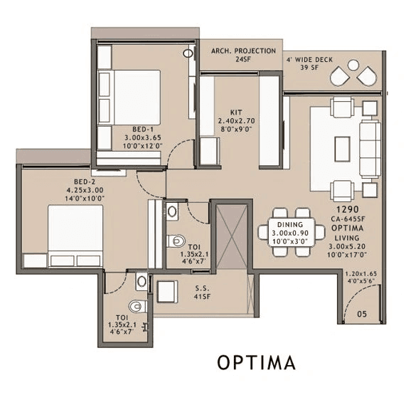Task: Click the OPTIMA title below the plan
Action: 256,363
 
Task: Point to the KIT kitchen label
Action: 236,112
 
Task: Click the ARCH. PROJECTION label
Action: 244,52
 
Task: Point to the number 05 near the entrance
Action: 363,312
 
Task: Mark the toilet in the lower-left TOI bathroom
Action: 139,304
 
